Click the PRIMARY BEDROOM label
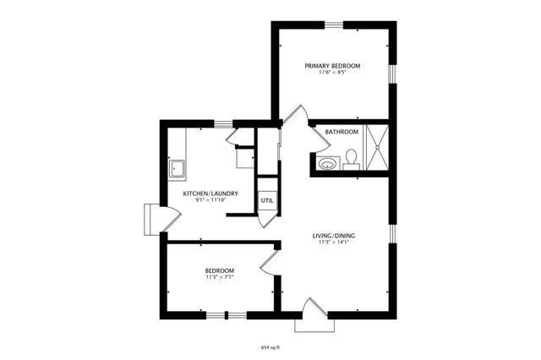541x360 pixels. [x=333, y=65]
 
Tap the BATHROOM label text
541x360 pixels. [x=342, y=132]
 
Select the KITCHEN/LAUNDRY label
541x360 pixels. [x=210, y=194]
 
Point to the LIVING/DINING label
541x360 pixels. [x=333, y=235]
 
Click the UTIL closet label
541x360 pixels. [x=267, y=200]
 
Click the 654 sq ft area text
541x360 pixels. [x=270, y=347]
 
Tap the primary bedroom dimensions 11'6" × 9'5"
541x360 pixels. [x=333, y=73]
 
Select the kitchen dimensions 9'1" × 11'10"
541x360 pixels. [x=210, y=200]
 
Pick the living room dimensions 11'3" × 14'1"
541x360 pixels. [x=333, y=243]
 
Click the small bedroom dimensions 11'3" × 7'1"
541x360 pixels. [x=219, y=276]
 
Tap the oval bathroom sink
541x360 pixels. [x=326, y=162]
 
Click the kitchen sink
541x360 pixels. [x=178, y=169]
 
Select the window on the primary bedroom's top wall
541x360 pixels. [x=336, y=25]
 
